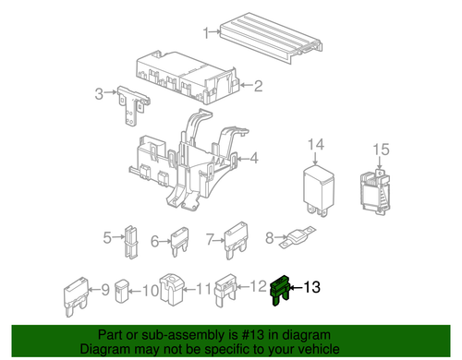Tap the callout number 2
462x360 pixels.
tap(258, 88)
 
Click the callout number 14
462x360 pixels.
tap(316, 145)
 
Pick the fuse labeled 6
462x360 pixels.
tap(178, 241)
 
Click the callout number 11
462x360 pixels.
tap(204, 288)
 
